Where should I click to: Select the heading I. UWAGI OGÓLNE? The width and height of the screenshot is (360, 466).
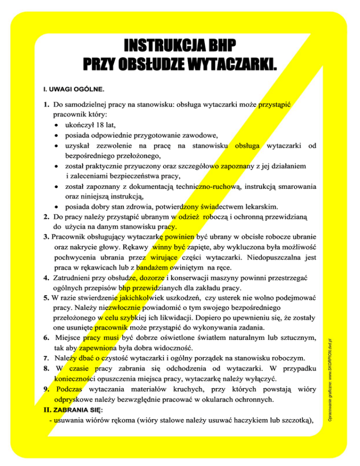70,88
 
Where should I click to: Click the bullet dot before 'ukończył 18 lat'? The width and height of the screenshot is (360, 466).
56,125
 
